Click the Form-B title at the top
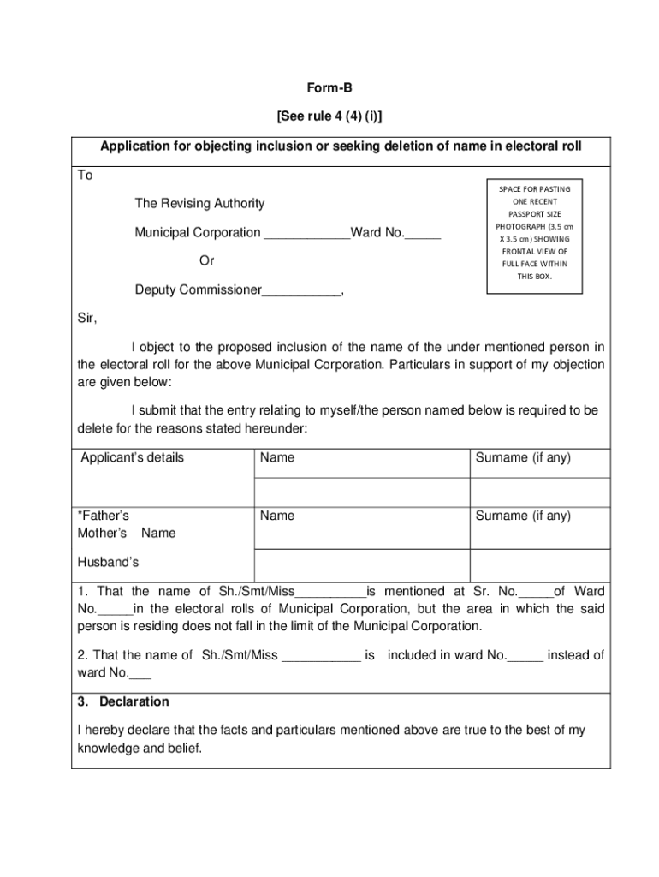coord(329,87)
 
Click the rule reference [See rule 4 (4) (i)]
coord(329,116)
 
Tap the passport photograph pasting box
coord(534,233)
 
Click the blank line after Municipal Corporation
coord(307,234)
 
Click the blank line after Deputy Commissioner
coord(300,291)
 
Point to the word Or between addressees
coord(206,260)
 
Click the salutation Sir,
coord(88,319)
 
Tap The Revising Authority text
coord(199,204)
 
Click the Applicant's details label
coord(132,457)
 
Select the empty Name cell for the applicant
coord(360,492)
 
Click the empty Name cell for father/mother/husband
coord(360,564)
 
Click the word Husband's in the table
coord(108,563)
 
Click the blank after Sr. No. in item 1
coord(537,593)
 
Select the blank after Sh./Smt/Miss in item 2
coord(321,657)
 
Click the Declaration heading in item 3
coord(134,701)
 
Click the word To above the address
coord(86,176)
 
